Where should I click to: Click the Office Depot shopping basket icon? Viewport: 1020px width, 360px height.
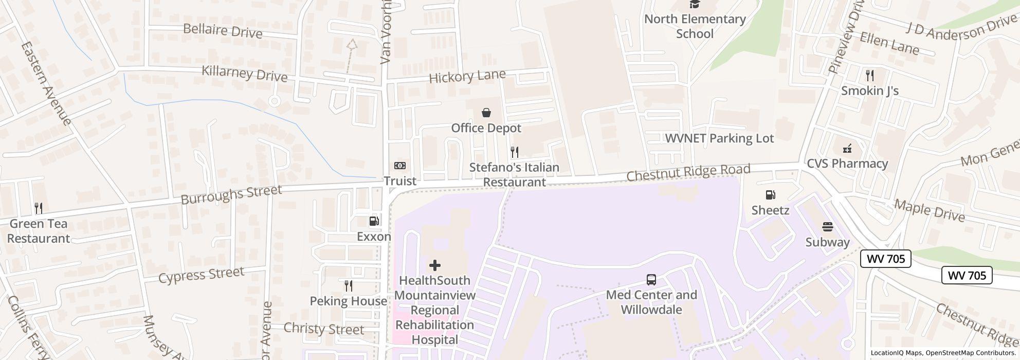486,113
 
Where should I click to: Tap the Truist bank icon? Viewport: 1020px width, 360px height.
399,166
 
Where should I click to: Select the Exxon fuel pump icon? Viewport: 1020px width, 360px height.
374,221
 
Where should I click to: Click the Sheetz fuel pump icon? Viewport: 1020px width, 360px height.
770,195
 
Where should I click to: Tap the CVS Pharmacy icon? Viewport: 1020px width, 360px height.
847,149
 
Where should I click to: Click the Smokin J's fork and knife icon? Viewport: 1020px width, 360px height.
869,76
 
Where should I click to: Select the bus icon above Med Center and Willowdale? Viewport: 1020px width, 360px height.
651,280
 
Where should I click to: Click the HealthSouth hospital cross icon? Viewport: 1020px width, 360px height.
434,265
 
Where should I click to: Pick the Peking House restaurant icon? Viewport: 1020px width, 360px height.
349,286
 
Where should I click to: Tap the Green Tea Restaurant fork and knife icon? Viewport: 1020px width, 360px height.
39,208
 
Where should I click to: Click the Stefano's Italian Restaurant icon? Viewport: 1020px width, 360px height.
514,152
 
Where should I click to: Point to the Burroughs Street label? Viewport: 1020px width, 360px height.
231,194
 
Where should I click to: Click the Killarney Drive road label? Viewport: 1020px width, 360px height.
244,74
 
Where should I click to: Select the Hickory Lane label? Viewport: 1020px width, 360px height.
467,77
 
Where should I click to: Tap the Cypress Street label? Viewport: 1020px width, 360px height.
201,275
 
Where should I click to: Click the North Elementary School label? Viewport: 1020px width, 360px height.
695,26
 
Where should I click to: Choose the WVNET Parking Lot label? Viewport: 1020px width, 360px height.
719,138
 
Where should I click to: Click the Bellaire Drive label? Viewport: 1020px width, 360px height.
223,30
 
